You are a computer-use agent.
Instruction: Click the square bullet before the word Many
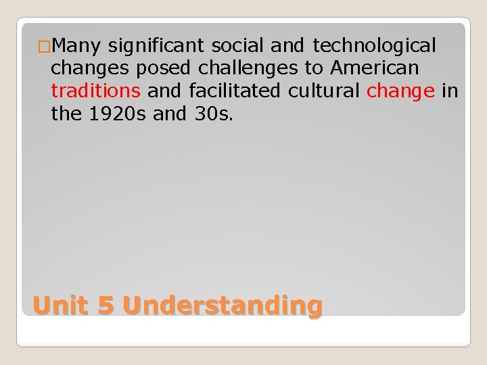tap(43, 47)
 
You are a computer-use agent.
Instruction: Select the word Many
tap(76, 46)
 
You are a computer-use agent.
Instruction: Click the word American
tap(374, 68)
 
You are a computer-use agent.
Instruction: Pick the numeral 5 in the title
tap(106, 306)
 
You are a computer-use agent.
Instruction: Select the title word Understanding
tap(223, 306)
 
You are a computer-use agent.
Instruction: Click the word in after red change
tap(450, 91)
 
